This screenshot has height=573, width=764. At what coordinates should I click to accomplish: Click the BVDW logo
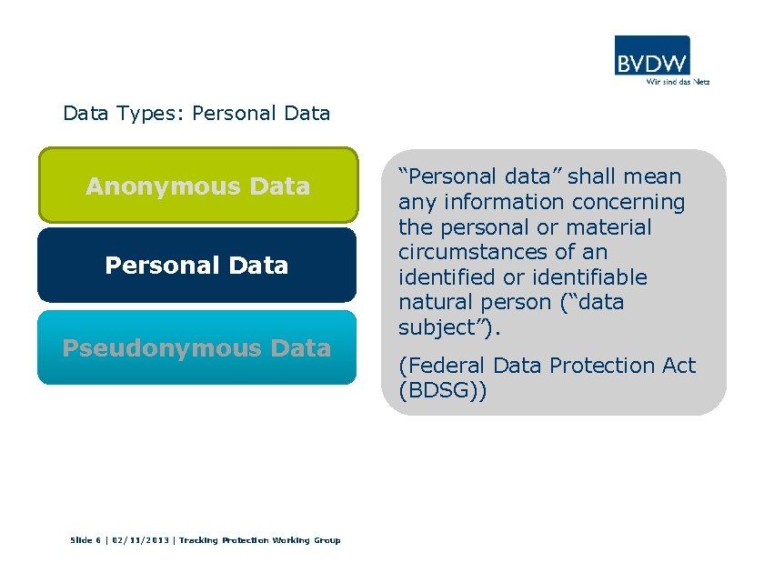(x=652, y=55)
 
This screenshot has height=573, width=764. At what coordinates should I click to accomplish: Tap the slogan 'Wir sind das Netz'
(x=677, y=81)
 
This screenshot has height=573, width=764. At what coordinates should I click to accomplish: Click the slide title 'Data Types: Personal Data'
(x=196, y=114)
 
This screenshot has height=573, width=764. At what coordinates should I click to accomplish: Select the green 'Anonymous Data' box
(x=197, y=186)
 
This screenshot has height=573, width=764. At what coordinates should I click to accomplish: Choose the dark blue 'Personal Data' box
(x=196, y=265)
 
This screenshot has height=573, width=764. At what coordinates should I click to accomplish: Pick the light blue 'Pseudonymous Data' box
(x=196, y=347)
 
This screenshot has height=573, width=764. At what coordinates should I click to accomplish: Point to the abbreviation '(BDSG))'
(x=443, y=390)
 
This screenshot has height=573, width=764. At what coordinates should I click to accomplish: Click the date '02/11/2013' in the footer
(x=141, y=540)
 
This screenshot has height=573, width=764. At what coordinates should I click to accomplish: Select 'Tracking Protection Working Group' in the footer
(x=259, y=540)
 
